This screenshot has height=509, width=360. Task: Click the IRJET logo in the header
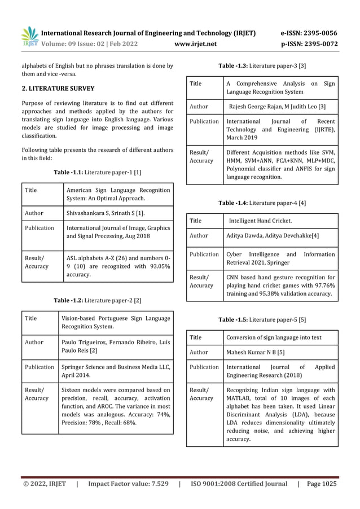coord(30,36)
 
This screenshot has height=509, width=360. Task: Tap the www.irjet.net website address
coord(196,43)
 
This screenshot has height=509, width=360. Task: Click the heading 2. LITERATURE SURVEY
coord(58,89)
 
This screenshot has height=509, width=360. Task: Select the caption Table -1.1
coord(98,172)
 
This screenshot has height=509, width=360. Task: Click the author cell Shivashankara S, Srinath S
coord(106,213)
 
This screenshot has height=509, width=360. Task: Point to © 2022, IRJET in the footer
coord(44,484)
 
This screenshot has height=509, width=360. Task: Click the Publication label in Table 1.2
coord(39,367)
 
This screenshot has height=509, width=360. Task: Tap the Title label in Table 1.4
coord(196,221)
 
